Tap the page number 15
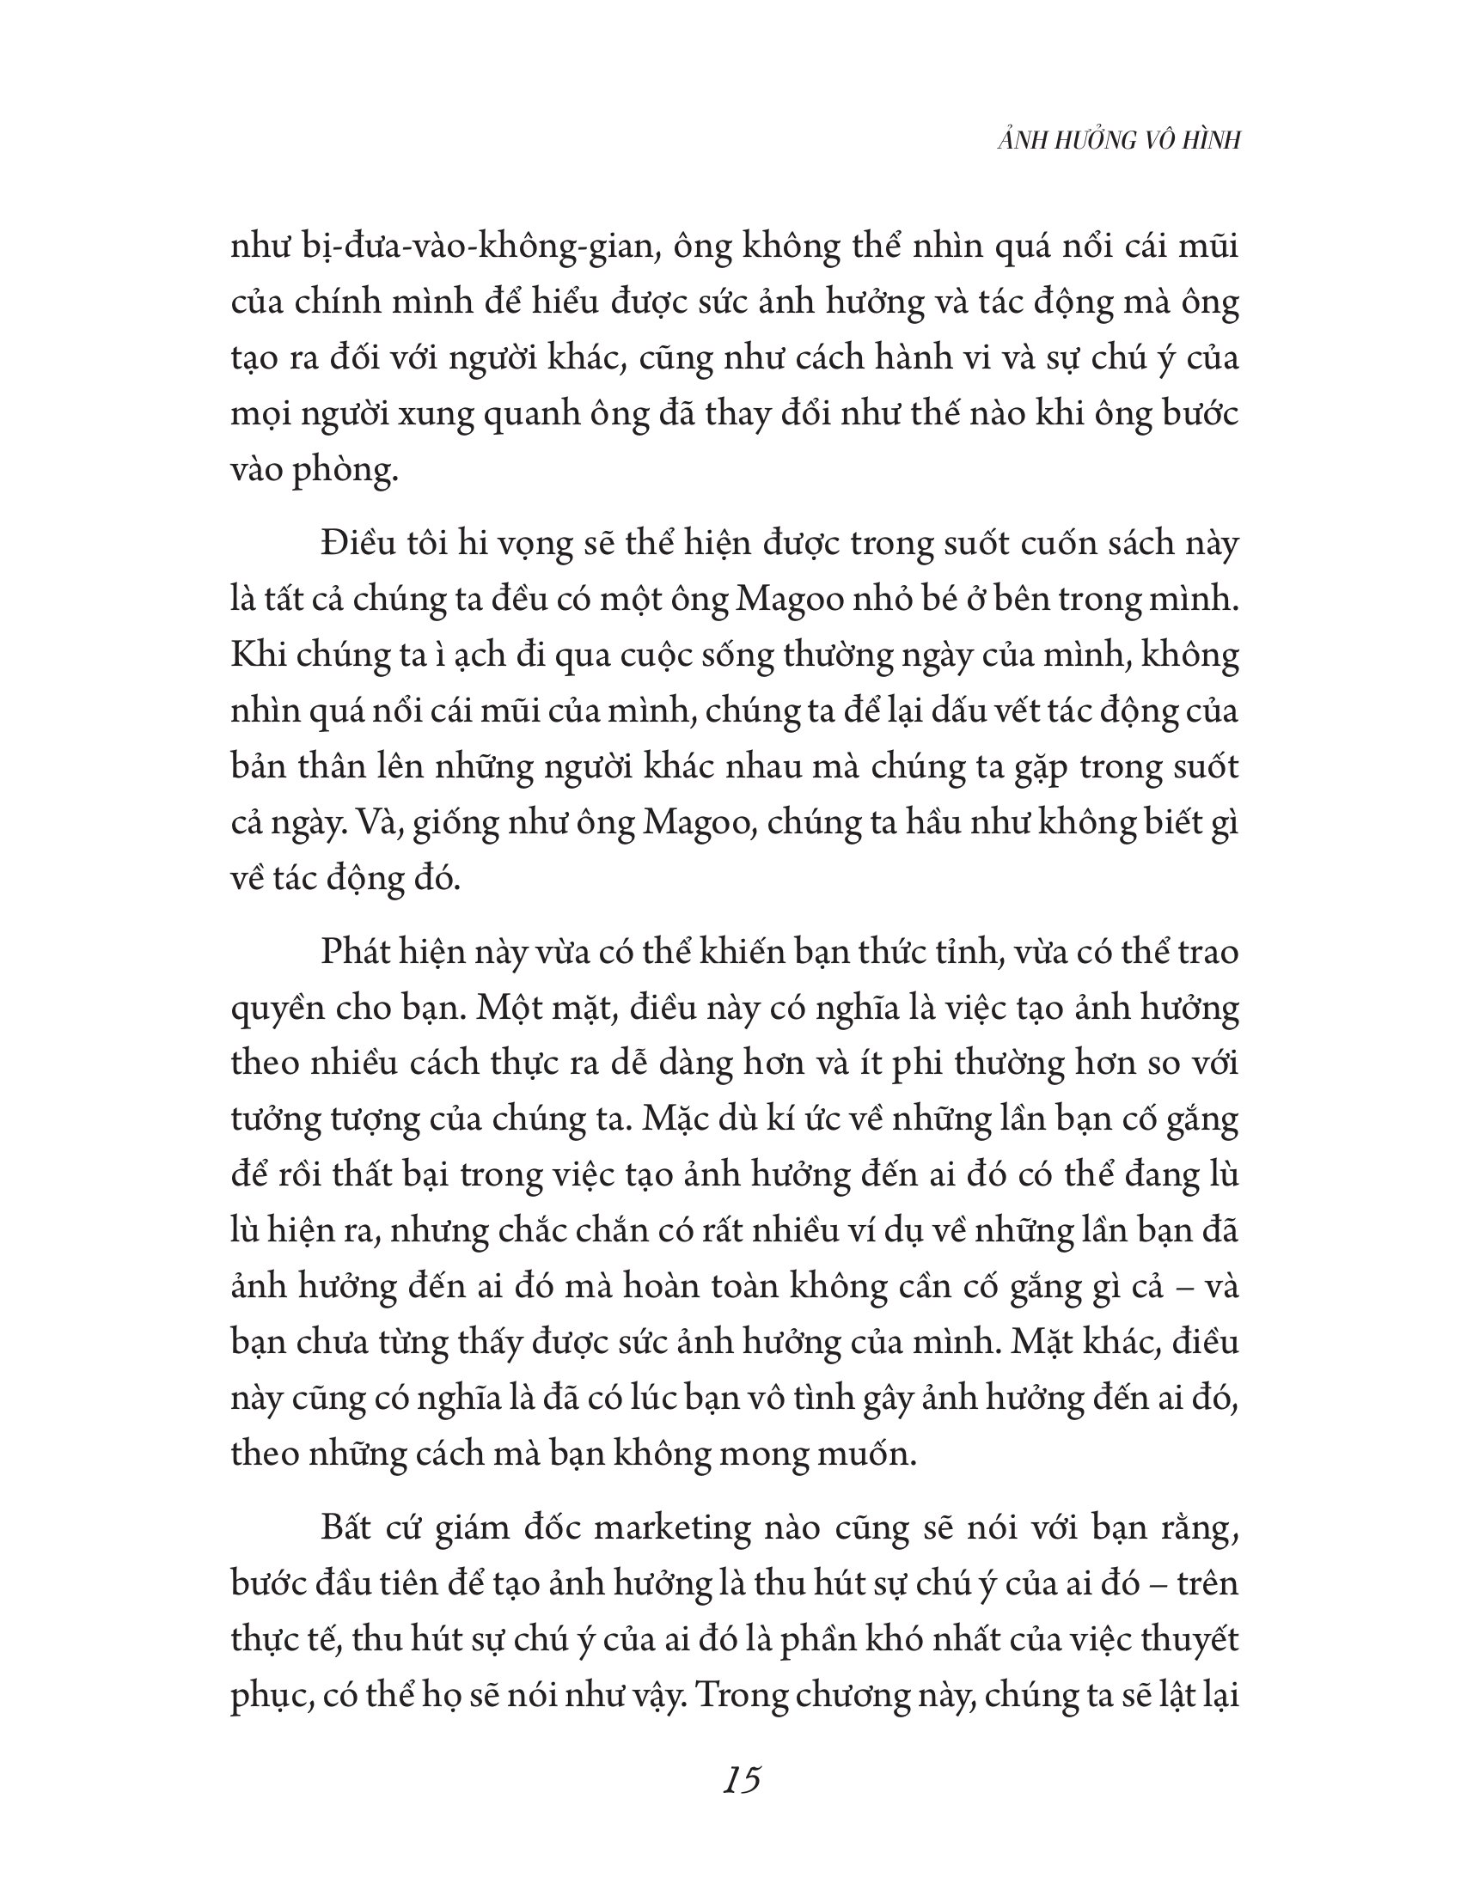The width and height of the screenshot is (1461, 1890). pos(742,1781)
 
